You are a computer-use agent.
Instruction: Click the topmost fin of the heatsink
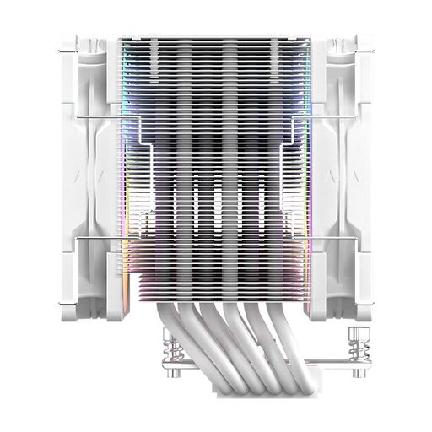click(x=216, y=38)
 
